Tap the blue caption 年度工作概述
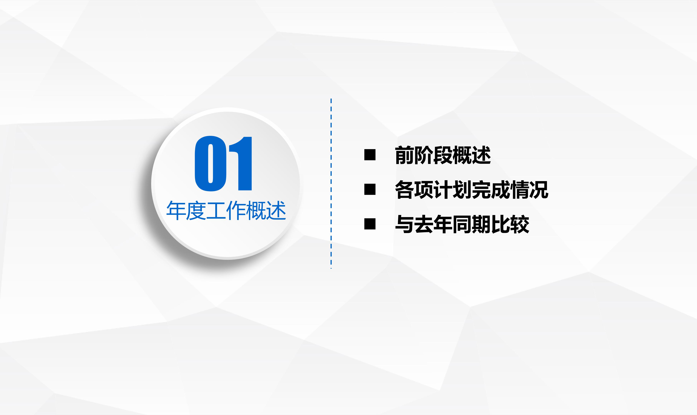point(226,211)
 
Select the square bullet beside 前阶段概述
point(370,155)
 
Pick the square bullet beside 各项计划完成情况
point(370,189)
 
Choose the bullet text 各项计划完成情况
point(472,190)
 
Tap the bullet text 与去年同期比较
point(462,224)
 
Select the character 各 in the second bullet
point(404,190)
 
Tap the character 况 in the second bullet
point(539,190)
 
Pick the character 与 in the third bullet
point(404,224)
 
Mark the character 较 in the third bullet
point(519,224)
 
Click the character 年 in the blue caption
point(176,211)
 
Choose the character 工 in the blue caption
point(216,211)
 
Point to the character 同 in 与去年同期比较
point(462,224)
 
